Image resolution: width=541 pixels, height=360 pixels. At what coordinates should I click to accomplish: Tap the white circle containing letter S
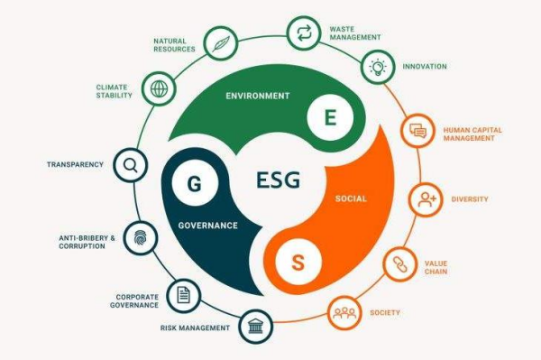click(x=298, y=263)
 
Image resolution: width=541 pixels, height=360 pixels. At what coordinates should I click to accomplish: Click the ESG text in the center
click(x=278, y=180)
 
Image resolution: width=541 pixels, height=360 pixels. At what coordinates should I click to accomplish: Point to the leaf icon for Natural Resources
click(x=219, y=42)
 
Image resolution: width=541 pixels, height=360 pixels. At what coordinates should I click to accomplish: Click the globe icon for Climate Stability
click(x=160, y=90)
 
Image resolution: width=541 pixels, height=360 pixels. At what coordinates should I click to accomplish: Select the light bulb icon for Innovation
click(x=377, y=67)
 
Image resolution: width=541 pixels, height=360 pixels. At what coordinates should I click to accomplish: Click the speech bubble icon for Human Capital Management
click(x=417, y=131)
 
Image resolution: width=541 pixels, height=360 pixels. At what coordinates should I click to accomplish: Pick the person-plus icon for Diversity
click(x=426, y=199)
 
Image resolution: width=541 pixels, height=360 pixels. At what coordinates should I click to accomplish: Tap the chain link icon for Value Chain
click(x=399, y=264)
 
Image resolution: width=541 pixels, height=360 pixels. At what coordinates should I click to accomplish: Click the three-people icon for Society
click(x=344, y=312)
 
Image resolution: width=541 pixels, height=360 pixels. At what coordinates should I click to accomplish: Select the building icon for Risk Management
click(x=254, y=328)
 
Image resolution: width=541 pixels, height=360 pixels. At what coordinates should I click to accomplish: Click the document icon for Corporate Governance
click(x=183, y=293)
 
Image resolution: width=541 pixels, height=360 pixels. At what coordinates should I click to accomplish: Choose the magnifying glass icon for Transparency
click(x=131, y=165)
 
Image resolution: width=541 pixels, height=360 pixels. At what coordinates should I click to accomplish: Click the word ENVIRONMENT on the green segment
click(x=258, y=96)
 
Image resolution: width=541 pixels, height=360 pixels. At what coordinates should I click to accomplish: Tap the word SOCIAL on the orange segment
click(x=351, y=198)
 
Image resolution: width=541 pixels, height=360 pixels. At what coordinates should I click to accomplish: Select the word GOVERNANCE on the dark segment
click(x=207, y=226)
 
